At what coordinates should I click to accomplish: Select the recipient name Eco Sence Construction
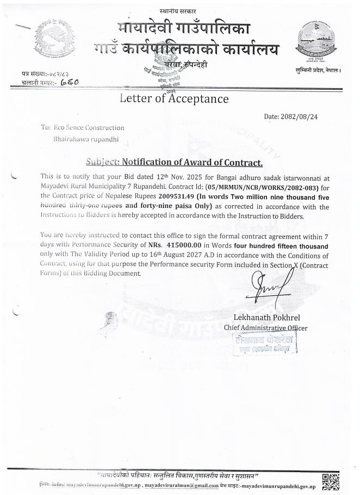click(89, 127)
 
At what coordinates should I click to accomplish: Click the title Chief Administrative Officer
click(265, 327)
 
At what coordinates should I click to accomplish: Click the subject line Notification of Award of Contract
click(175, 162)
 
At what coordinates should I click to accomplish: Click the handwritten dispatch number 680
click(70, 82)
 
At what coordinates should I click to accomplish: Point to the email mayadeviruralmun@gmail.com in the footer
click(184, 486)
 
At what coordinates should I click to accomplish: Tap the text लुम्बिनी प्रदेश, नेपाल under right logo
click(319, 71)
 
